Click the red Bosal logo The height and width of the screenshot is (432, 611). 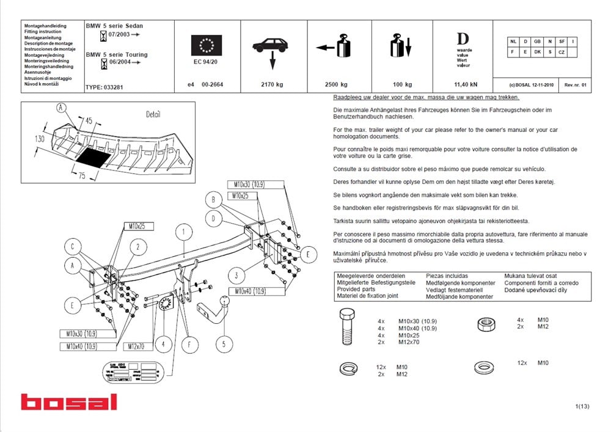point(68,402)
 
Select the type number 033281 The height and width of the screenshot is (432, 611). point(112,87)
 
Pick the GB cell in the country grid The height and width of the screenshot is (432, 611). point(536,42)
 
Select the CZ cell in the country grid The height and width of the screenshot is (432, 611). point(561,53)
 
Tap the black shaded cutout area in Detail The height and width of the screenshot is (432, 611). point(94,159)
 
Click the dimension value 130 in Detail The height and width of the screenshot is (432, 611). point(39,139)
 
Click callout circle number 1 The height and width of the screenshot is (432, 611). point(182,232)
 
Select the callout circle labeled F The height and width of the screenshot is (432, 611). point(189,344)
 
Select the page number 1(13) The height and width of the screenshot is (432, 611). point(582,406)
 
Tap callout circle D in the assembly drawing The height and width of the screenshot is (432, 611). point(213,218)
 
